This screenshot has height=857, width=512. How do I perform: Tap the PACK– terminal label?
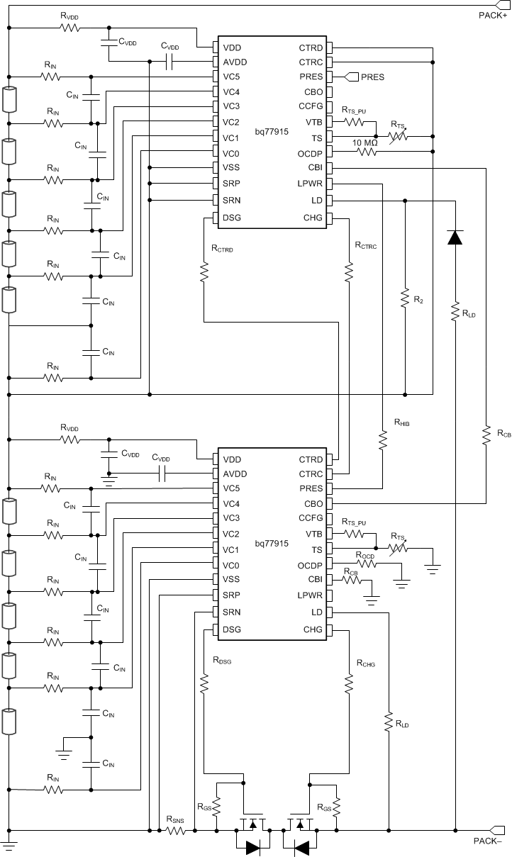tap(489, 841)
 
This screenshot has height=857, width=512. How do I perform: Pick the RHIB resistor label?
tap(402, 422)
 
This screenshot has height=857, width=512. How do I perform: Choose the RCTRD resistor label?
tap(222, 249)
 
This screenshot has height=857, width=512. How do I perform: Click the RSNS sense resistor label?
tap(176, 819)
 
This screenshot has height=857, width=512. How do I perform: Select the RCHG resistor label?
tap(366, 664)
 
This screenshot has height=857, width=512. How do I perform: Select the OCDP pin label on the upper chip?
tap(310, 153)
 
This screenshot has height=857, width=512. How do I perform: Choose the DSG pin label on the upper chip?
tap(232, 217)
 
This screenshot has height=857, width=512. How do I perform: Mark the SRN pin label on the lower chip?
tap(232, 612)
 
